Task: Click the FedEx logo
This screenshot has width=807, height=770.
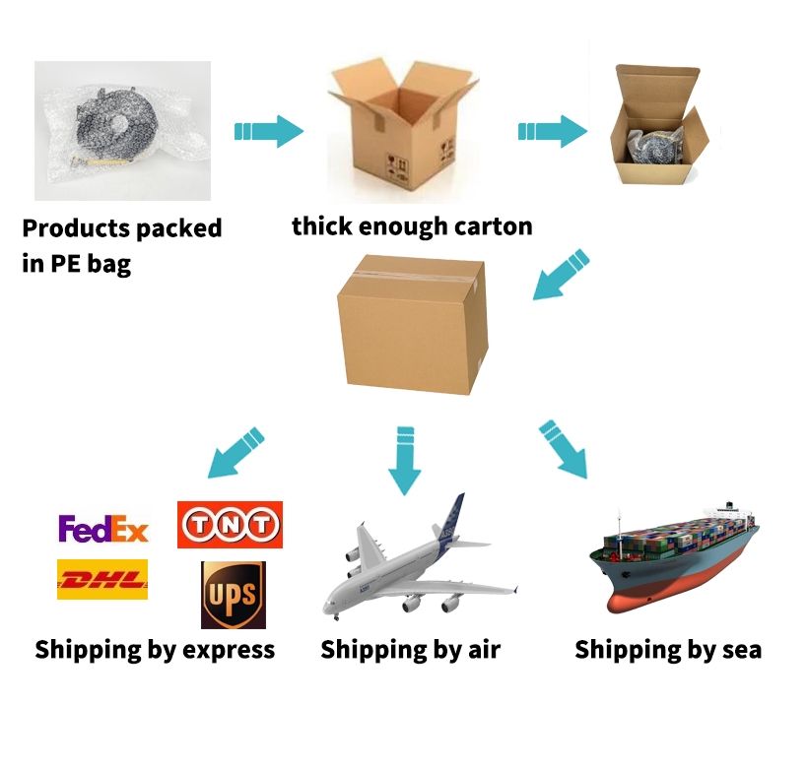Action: [102, 529]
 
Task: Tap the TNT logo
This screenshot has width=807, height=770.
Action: [230, 525]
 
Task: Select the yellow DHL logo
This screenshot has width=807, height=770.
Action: [102, 579]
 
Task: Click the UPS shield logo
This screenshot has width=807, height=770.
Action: [233, 595]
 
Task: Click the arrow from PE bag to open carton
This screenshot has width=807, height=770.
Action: [268, 130]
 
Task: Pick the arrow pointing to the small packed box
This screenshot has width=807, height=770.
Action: [553, 131]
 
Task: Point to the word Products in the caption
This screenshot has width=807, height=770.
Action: [75, 229]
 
